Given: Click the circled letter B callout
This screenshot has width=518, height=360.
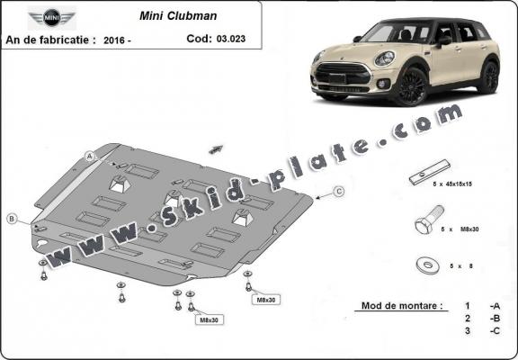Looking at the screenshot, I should coord(12,219).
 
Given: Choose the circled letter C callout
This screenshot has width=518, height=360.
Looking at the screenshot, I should coord(339,191).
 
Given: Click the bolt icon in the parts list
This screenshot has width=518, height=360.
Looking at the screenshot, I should coord(427,222).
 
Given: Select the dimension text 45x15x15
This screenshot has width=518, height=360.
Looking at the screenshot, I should coord(471,183).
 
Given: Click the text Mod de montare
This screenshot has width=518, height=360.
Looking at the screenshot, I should coord(401,306).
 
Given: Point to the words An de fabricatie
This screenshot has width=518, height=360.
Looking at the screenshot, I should coord(50,39).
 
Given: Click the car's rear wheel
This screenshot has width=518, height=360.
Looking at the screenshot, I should coord(490,76).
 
